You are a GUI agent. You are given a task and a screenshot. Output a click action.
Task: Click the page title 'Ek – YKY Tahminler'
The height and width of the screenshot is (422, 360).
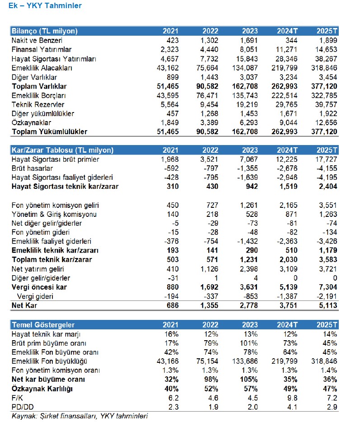point(45,6)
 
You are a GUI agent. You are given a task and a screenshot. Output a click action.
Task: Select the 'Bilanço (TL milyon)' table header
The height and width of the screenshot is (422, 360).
point(44,31)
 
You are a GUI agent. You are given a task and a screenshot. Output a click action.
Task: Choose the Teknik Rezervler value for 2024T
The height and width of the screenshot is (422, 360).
point(288,104)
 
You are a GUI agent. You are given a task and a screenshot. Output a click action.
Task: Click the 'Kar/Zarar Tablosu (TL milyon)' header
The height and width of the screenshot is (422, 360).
point(62,150)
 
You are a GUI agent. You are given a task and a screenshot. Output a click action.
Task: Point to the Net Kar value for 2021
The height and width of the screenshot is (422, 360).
point(171,306)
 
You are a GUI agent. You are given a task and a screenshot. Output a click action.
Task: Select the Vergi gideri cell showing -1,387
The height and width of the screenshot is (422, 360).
point(288,297)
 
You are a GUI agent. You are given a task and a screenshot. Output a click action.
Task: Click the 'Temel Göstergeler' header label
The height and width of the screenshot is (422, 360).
point(43,325)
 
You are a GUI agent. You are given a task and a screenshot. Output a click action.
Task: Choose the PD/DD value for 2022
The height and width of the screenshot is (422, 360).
point(214,407)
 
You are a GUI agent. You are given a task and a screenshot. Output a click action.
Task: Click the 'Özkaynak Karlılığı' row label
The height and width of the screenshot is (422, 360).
point(42,389)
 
